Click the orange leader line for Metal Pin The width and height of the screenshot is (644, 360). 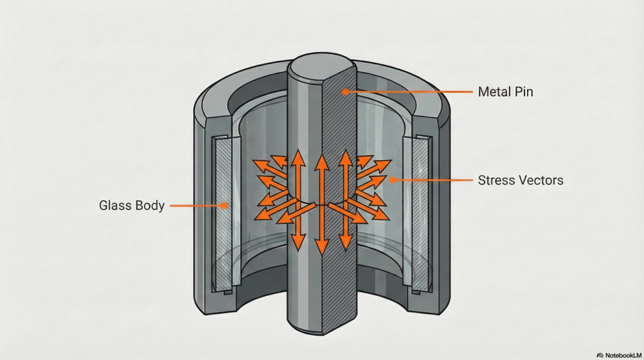coord(409,92)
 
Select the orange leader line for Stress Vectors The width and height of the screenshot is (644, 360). coord(434,180)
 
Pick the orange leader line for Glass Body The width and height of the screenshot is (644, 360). coord(198,205)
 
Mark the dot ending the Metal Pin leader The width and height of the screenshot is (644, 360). coord(345,92)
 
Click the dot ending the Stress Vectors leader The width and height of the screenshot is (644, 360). coord(391,180)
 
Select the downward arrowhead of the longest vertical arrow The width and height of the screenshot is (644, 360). coord(321,250)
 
